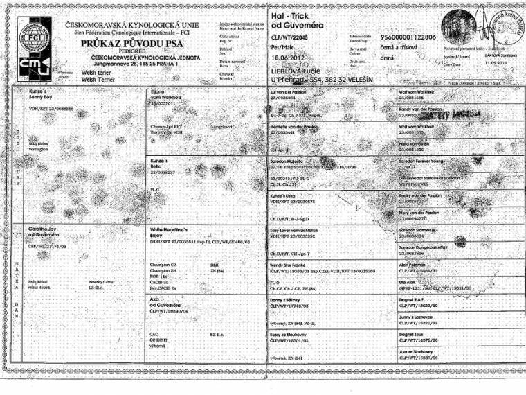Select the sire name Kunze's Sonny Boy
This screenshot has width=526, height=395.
coord(41,94)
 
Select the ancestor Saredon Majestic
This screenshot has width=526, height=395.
coord(287,159)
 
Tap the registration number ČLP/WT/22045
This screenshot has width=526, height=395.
coord(287,36)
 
